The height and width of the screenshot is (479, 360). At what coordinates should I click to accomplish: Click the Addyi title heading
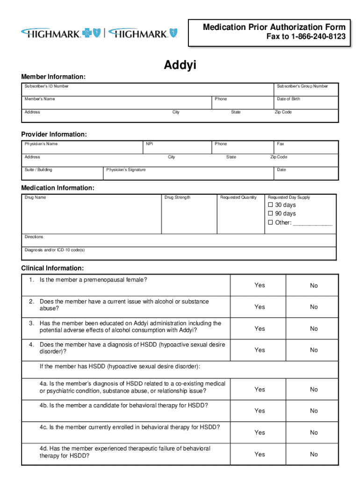[x=180, y=65]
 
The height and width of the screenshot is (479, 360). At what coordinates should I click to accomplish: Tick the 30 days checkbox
[x=270, y=205]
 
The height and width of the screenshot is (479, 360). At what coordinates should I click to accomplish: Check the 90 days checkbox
[x=270, y=214]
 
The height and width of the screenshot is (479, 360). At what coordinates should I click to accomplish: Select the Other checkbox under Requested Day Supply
[x=270, y=223]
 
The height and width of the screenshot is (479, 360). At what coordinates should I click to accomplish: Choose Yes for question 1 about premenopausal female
[x=259, y=285]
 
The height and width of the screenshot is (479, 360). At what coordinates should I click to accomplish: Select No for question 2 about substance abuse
[x=314, y=307]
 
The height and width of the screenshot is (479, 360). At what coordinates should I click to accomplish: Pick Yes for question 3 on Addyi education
[x=259, y=329]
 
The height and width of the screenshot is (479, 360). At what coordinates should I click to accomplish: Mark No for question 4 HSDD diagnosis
[x=314, y=350]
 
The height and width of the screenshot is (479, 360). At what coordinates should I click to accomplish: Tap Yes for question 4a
[x=259, y=389]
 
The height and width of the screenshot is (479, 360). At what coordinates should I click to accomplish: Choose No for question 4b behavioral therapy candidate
[x=314, y=411]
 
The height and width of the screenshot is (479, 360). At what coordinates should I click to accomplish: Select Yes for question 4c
[x=259, y=433]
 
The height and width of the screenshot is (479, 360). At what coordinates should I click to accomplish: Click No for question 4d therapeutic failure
[x=314, y=454]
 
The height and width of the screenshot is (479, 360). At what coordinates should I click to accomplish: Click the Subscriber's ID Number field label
[x=47, y=86]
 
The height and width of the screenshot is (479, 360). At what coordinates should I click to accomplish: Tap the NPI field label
[x=150, y=144]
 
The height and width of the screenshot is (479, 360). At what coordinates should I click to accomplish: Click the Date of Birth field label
[x=288, y=99]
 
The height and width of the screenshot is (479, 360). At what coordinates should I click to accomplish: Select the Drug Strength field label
[x=178, y=197]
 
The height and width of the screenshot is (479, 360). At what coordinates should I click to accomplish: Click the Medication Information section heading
[x=58, y=188]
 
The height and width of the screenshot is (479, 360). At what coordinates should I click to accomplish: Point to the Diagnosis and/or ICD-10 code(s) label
[x=55, y=250]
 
